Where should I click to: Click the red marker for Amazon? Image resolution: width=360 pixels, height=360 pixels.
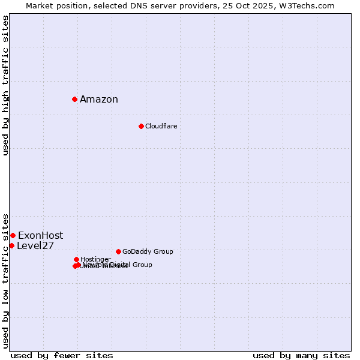click(x=74, y=99)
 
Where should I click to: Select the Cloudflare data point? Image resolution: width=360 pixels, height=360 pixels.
click(x=141, y=126)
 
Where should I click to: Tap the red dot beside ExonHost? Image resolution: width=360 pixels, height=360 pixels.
click(x=13, y=235)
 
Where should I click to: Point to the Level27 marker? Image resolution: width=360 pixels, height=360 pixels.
click(x=11, y=245)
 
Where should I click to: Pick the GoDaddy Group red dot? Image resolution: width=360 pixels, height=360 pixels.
click(x=118, y=251)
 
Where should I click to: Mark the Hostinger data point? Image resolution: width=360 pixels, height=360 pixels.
click(x=76, y=259)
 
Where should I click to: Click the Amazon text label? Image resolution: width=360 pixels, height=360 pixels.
click(x=99, y=100)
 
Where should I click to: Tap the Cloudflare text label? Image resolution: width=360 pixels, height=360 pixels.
click(x=161, y=127)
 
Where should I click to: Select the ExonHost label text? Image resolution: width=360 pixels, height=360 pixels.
click(x=40, y=236)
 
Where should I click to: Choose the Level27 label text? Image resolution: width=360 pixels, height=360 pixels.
click(x=35, y=246)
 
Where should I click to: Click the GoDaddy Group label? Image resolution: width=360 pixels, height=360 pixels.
click(x=148, y=252)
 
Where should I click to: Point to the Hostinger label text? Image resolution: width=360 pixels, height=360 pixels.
click(x=95, y=260)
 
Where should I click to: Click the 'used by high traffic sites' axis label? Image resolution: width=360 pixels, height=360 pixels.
click(x=6, y=85)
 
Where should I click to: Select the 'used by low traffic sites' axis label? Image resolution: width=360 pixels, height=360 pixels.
click(x=6, y=280)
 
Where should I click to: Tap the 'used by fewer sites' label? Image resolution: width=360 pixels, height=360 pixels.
click(x=62, y=355)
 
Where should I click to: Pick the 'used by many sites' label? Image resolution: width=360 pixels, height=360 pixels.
click(x=301, y=355)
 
